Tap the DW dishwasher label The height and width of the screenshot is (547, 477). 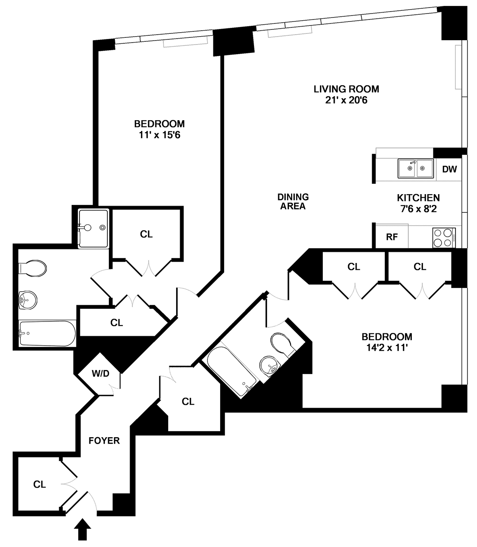[x=450, y=169]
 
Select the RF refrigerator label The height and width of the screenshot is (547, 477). [x=392, y=237]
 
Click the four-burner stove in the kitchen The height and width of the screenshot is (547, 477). [x=444, y=237]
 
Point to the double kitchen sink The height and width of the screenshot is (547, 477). [x=415, y=168]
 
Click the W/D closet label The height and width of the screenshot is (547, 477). [x=101, y=374]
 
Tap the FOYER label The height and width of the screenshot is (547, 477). [x=104, y=441]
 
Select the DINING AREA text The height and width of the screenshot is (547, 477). [x=293, y=202]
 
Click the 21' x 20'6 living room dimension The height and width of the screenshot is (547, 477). [x=346, y=100]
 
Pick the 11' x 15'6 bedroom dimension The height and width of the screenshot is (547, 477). [x=159, y=135]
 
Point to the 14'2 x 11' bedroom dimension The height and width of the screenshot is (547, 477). [x=387, y=348]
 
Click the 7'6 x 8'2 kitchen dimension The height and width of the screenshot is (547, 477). [x=419, y=209]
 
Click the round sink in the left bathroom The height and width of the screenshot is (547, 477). [x=28, y=300]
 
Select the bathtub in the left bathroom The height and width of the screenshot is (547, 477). [x=48, y=333]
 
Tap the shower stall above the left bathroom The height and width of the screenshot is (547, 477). [x=93, y=229]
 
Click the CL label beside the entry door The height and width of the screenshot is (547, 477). [x=39, y=485]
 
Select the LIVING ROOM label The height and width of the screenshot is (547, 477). [x=346, y=89]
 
